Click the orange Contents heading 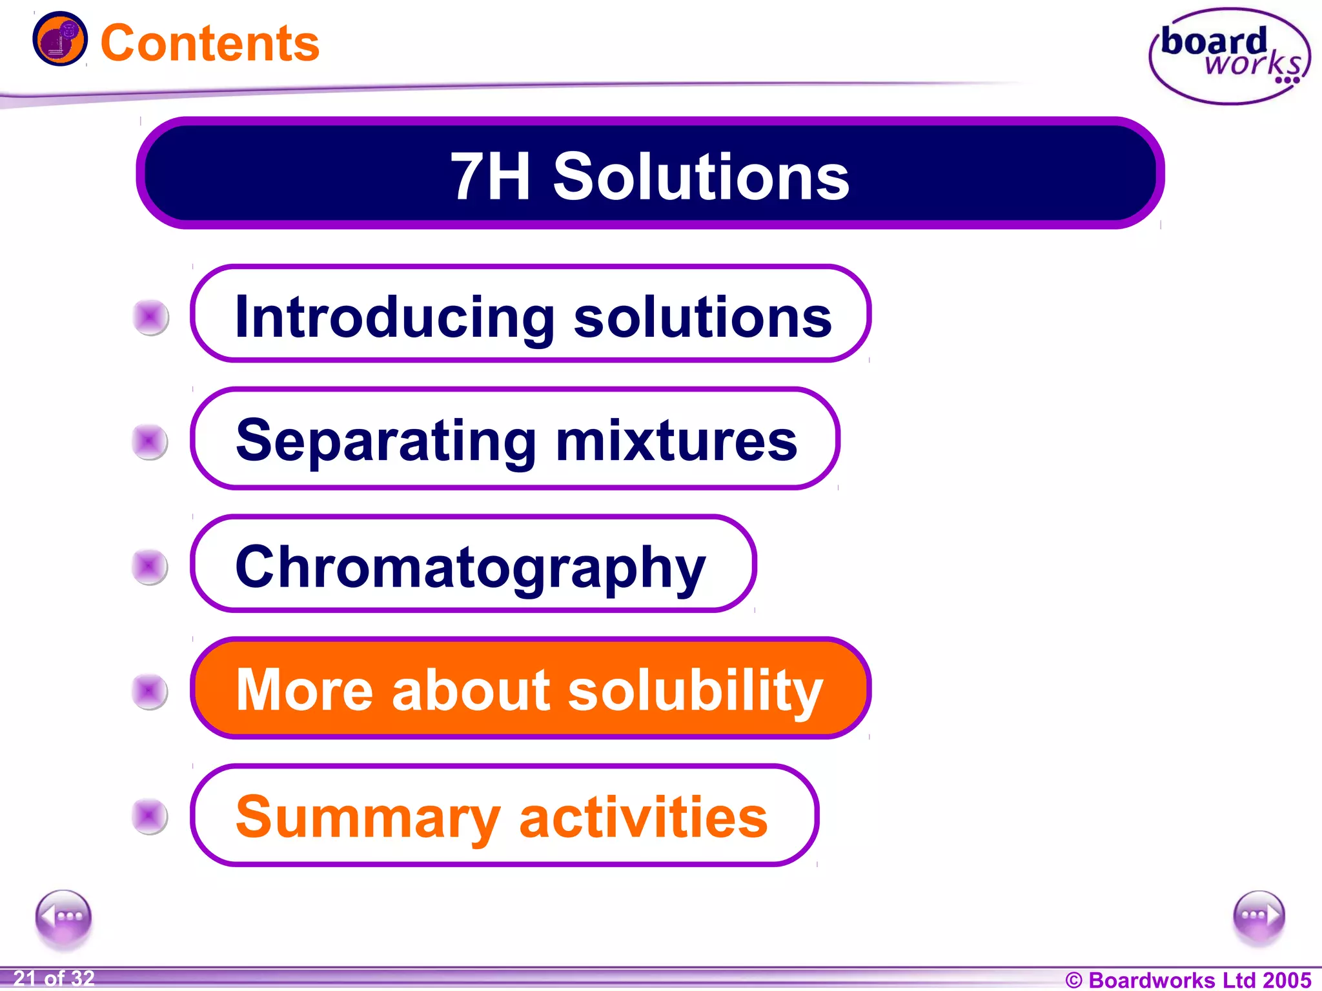[x=210, y=43]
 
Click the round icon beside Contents [x=60, y=39]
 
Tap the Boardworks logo [x=1230, y=56]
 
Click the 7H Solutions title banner [x=650, y=174]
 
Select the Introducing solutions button [x=531, y=314]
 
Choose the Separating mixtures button [x=515, y=439]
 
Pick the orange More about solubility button [x=531, y=688]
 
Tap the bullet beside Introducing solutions [x=151, y=317]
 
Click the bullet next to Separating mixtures [x=150, y=442]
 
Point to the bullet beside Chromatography [x=150, y=566]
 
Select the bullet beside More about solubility [x=150, y=691]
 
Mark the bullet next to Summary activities [x=150, y=816]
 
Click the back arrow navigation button [x=63, y=917]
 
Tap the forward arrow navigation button [x=1259, y=916]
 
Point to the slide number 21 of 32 [x=54, y=979]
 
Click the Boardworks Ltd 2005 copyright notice [x=1188, y=980]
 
